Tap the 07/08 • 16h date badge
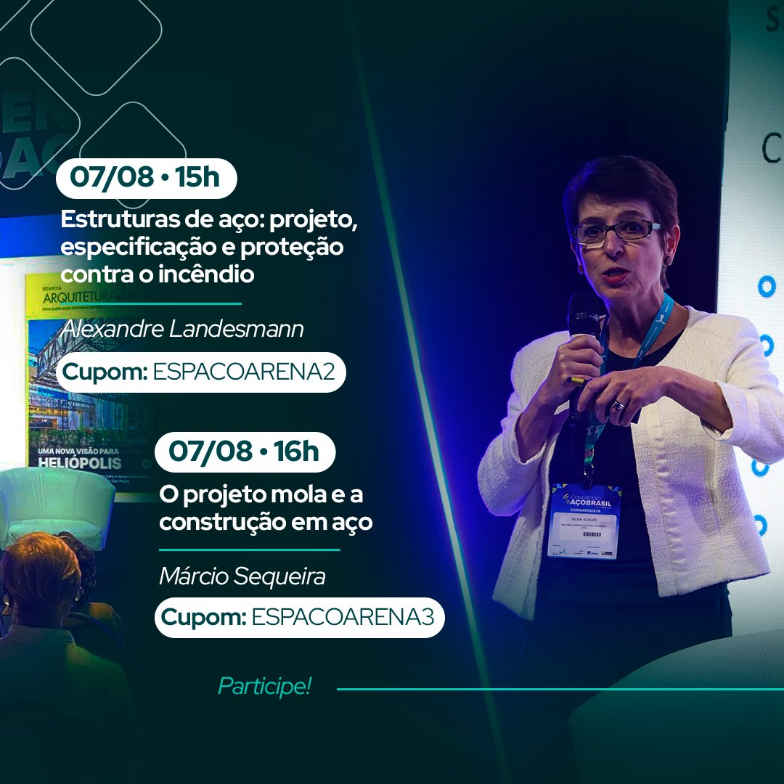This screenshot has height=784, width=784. (245, 452)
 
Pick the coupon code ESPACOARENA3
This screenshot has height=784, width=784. (343, 618)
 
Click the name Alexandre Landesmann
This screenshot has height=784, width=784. (183, 329)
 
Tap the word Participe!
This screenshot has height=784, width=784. (264, 687)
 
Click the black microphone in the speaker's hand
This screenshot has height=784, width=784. (582, 319)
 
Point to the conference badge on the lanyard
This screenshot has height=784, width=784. (584, 520)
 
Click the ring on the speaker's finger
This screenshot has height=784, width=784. (618, 405)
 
